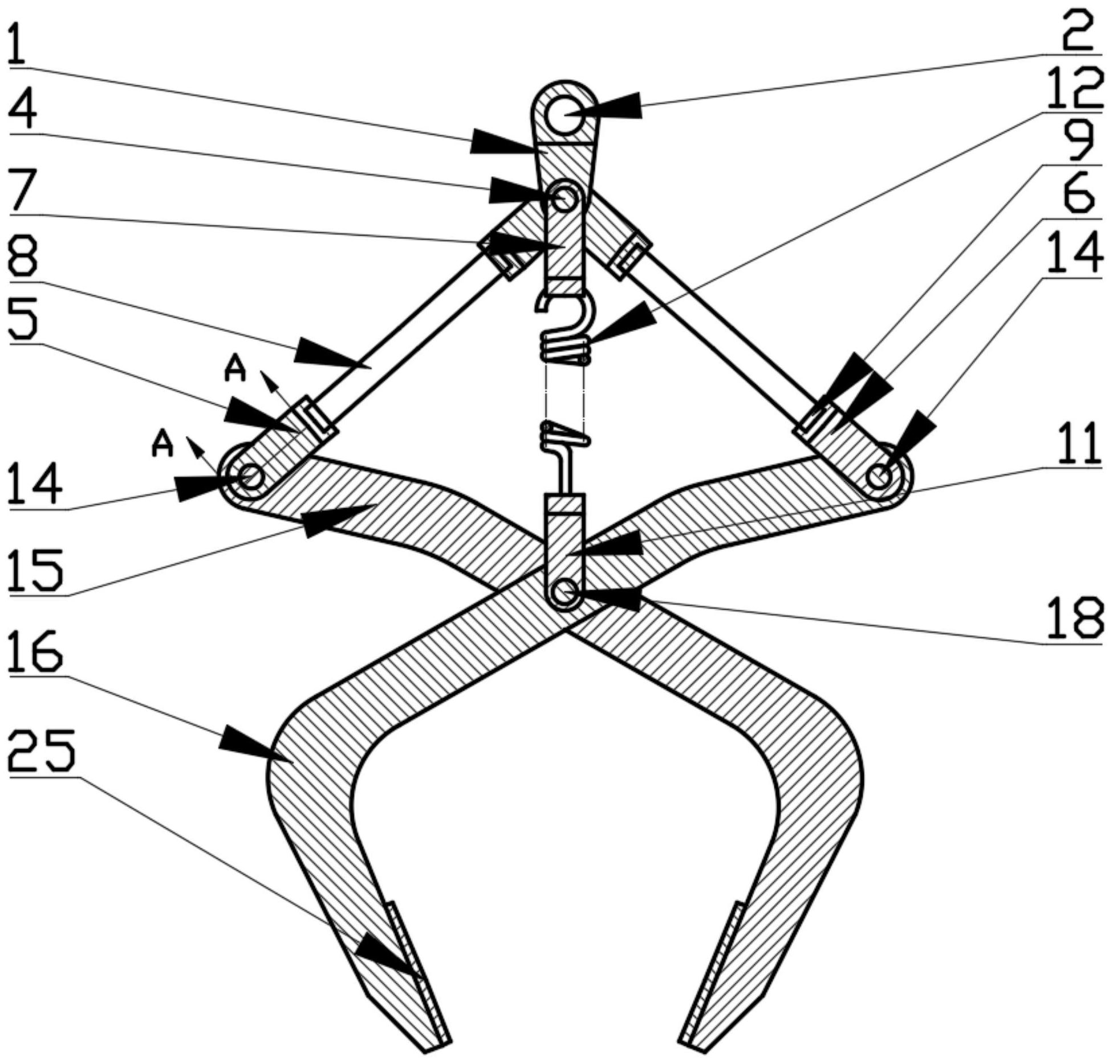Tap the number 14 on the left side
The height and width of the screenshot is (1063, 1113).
pyautogui.click(x=35, y=484)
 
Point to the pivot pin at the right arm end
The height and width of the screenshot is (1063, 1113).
pyautogui.click(x=879, y=476)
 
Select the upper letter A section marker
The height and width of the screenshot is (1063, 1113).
pyautogui.click(x=235, y=368)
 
